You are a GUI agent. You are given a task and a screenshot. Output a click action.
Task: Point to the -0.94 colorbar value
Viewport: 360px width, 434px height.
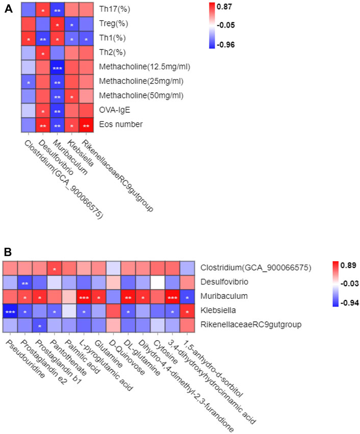340,302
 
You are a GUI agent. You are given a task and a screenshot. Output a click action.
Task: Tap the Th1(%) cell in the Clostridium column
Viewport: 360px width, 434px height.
29,38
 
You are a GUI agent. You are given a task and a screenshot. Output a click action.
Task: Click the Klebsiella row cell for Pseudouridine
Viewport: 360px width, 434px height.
9,311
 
